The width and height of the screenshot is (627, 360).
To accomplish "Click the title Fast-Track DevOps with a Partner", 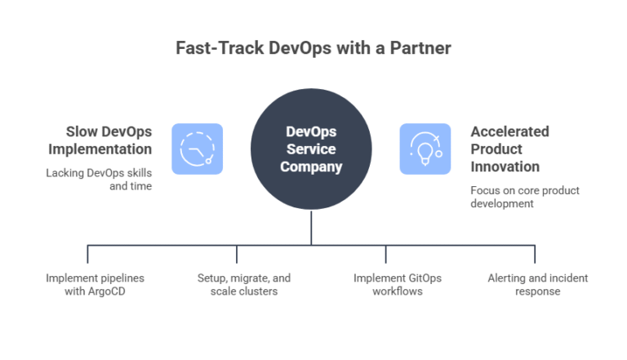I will (313, 48).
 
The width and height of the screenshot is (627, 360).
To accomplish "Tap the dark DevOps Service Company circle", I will (311, 149).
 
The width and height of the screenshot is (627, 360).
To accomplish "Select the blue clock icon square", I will (197, 149).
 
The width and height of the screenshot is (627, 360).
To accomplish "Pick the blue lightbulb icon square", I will (425, 149).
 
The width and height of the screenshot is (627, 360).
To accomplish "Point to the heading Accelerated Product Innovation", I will (509, 149).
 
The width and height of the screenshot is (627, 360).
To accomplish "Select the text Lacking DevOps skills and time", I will (99, 180).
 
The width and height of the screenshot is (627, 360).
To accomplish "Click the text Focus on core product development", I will (524, 197).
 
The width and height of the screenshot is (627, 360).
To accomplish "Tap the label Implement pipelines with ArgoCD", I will (95, 285).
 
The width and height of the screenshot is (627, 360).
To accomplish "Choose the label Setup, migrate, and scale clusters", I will (243, 285).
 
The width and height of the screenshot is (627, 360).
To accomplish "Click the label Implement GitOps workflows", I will (398, 285).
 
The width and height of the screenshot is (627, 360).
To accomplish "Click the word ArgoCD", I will (107, 291).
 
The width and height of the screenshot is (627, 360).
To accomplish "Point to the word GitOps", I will (423, 278).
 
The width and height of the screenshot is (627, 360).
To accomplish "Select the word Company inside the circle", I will (311, 167).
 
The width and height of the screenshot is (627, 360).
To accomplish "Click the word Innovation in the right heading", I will (505, 167).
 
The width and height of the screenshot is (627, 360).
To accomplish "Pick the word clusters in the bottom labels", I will (258, 291).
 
